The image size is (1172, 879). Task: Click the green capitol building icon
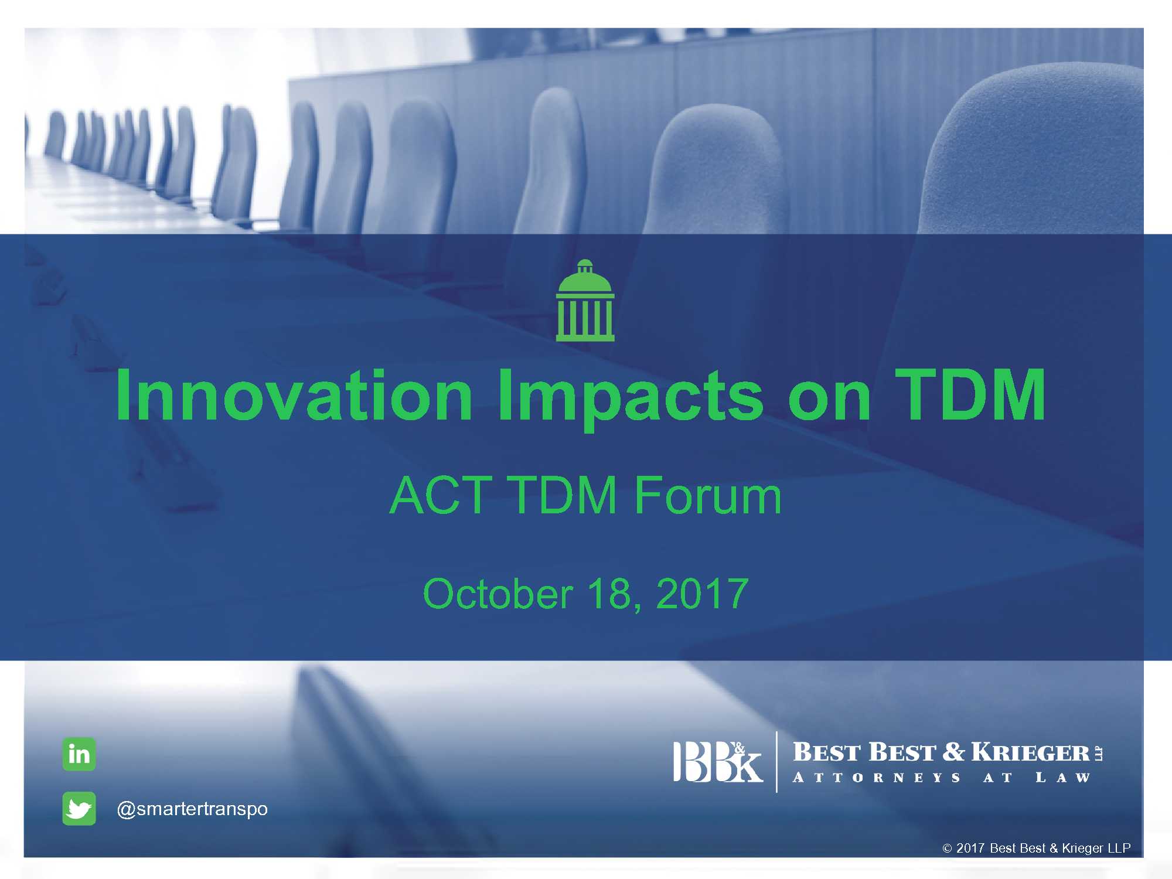(x=585, y=300)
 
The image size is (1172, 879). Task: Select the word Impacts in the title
(x=631, y=399)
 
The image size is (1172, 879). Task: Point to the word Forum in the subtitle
(x=708, y=495)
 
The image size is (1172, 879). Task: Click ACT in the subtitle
(x=441, y=495)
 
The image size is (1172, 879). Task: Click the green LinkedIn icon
(x=79, y=754)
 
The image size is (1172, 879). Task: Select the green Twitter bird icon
(x=79, y=809)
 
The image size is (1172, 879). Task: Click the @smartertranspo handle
(x=192, y=809)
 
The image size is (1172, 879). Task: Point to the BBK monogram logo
(x=718, y=762)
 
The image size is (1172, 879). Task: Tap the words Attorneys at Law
(x=941, y=778)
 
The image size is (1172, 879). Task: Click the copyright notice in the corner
(x=1036, y=848)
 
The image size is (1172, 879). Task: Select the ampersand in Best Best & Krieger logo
(x=954, y=752)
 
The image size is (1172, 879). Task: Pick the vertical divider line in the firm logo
(x=777, y=762)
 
